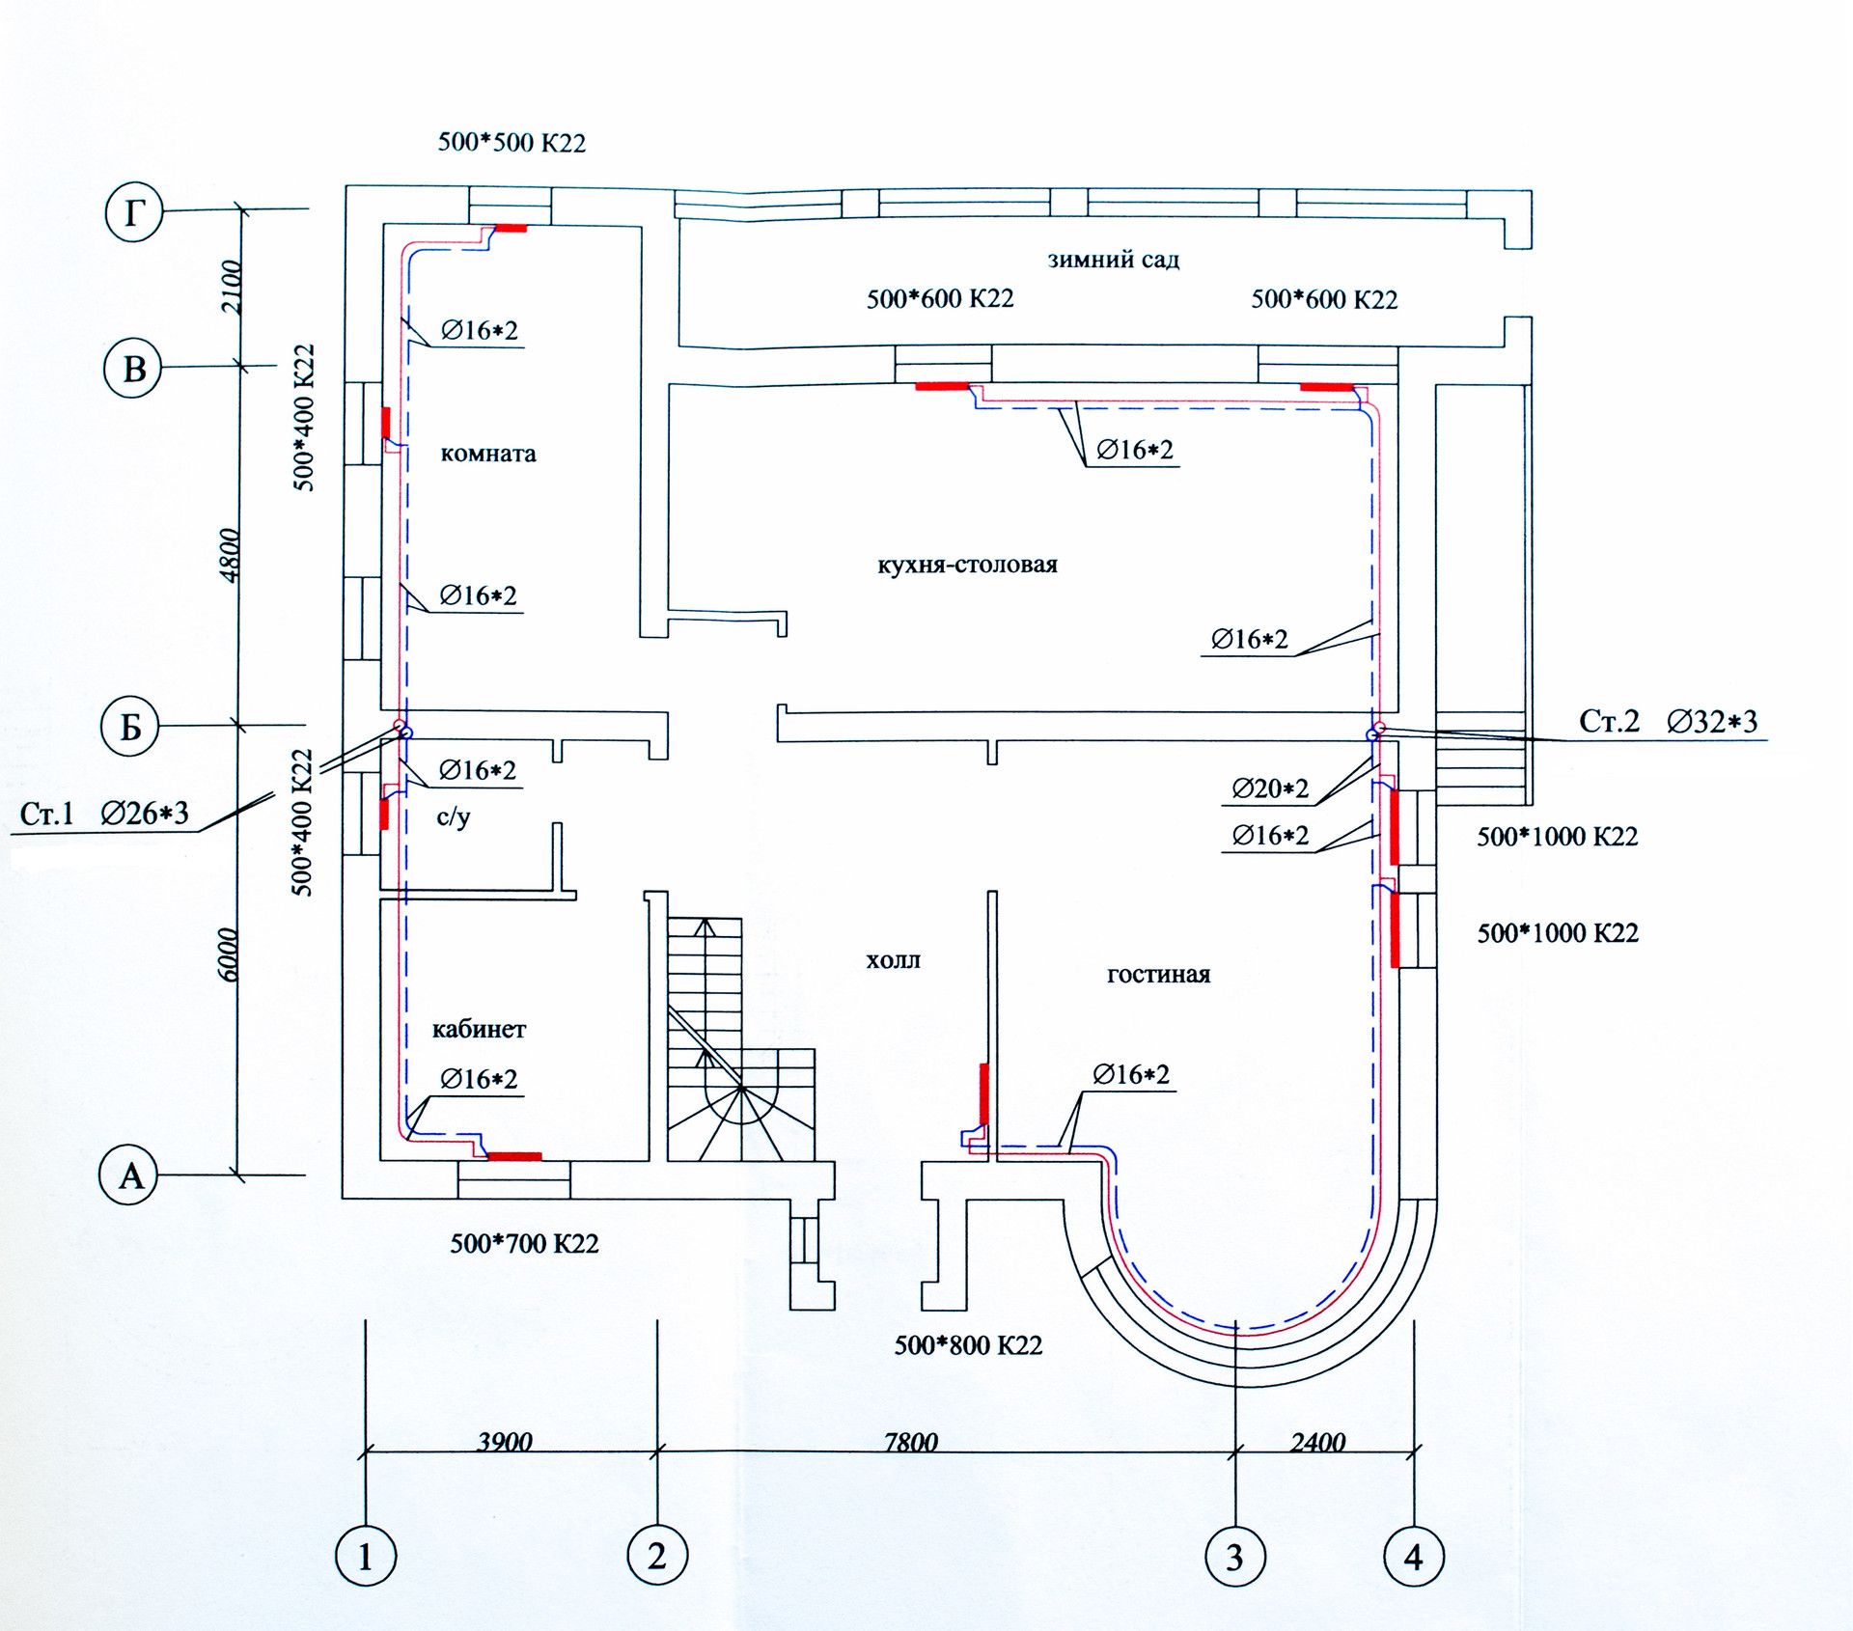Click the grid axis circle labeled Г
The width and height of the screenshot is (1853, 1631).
coord(133,212)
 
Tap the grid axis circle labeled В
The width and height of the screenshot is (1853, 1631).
coord(133,369)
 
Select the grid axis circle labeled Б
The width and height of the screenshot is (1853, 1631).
coord(130,727)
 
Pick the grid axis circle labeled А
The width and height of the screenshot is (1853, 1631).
coord(129,1175)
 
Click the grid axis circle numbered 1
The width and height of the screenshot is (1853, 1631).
coord(366,1557)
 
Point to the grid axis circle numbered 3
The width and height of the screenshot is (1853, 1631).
coord(1234,1557)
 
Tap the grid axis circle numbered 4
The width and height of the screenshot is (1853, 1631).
coord(1413,1557)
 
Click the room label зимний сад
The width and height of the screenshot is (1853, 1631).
coord(1113,260)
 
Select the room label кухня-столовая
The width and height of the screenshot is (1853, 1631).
coord(967,565)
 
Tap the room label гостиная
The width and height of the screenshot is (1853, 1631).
coord(1158,975)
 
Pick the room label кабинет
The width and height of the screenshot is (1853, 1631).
coord(479,1029)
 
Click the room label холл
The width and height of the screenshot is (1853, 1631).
coord(893,960)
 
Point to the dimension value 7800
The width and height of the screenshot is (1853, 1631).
coord(910,1442)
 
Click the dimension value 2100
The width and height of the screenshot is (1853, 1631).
coord(232,287)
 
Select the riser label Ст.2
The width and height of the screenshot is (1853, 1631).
coord(1609,721)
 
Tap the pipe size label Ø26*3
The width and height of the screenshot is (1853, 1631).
coord(145,814)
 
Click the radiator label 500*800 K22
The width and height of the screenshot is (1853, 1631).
coord(968,1345)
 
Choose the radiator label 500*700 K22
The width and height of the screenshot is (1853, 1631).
coord(524,1243)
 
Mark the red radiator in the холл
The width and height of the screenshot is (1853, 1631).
coord(984,1094)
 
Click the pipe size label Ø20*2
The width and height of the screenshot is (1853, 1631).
coord(1270,789)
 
